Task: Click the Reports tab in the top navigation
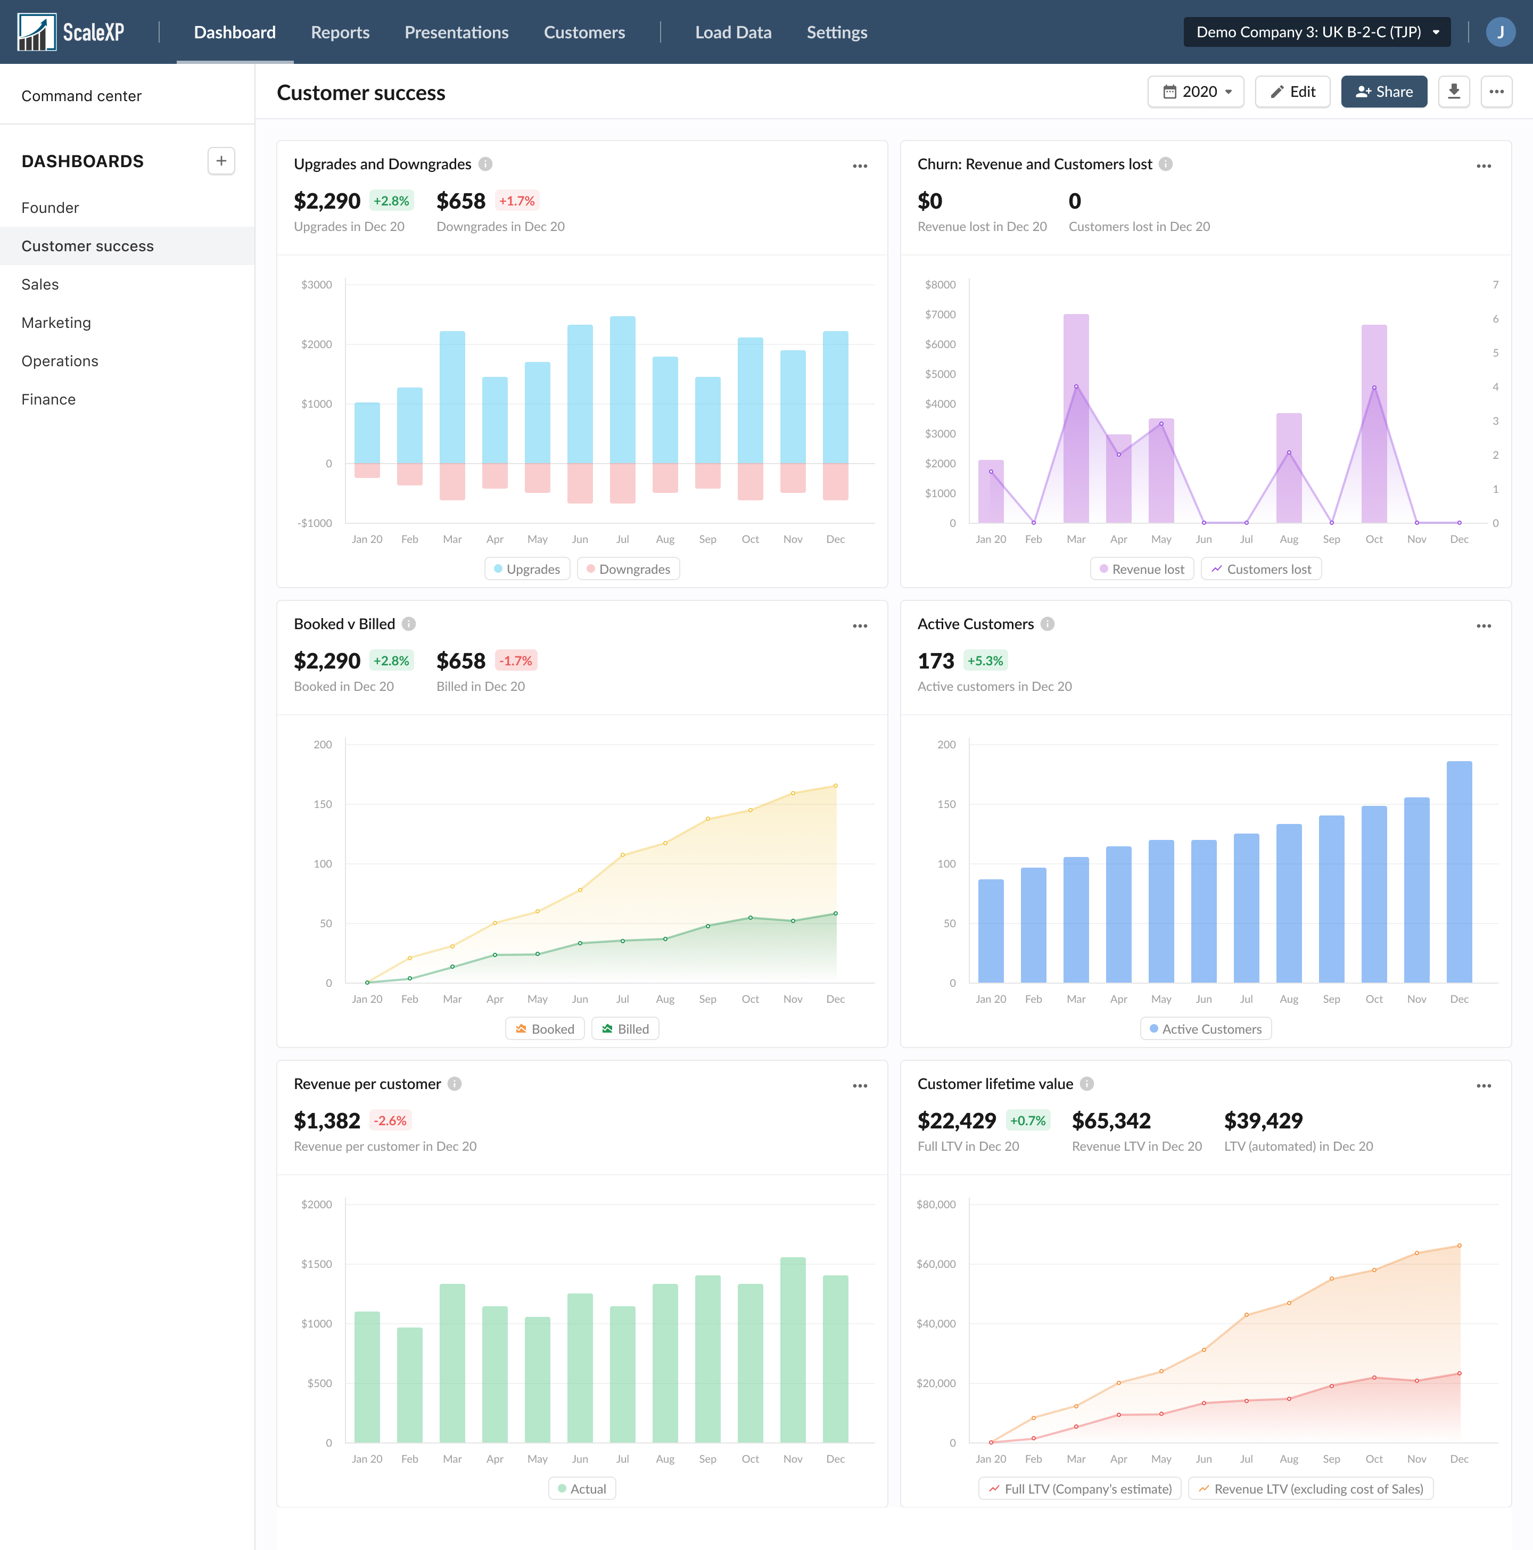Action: coord(340,32)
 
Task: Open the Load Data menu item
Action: coord(732,32)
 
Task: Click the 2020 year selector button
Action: coord(1196,92)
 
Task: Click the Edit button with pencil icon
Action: coord(1292,92)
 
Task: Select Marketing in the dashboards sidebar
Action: coord(56,323)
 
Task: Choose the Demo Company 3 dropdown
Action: coord(1316,32)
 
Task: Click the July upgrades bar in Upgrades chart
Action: coord(622,390)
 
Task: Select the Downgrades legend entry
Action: coord(628,569)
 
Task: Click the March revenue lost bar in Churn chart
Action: coord(1076,417)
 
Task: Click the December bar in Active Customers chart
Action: coord(1458,871)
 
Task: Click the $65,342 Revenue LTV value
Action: coord(1111,1121)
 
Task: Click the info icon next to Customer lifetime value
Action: coord(1087,1084)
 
